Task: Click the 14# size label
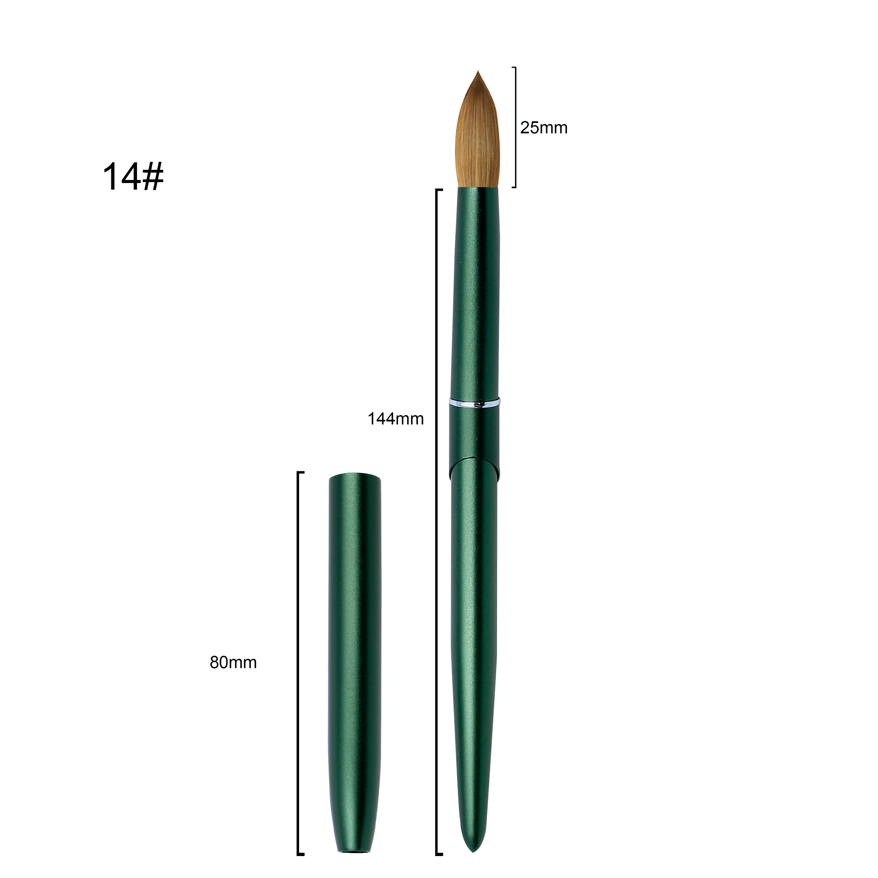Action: pos(133,177)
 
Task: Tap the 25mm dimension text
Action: pos(544,128)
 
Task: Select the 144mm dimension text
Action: pos(395,419)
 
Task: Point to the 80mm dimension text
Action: pos(233,663)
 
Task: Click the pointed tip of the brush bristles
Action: pos(478,71)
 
